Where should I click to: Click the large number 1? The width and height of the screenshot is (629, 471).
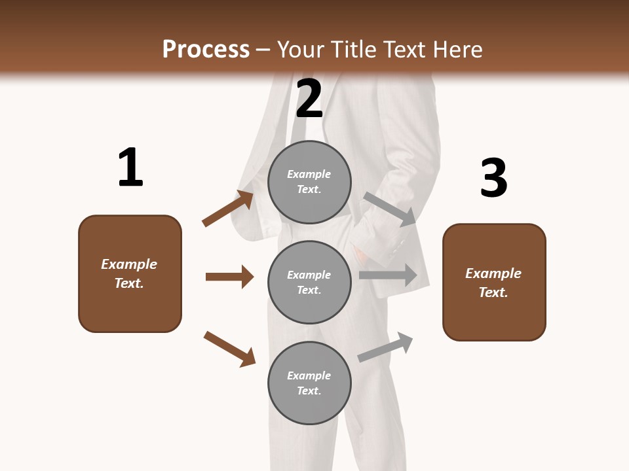pyautogui.click(x=130, y=167)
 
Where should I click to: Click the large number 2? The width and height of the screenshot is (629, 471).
pyautogui.click(x=309, y=98)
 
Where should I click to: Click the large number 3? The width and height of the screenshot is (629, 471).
pyautogui.click(x=493, y=178)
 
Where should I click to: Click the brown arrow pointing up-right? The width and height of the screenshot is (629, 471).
pyautogui.click(x=228, y=208)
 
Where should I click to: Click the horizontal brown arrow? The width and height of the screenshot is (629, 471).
pyautogui.click(x=229, y=277)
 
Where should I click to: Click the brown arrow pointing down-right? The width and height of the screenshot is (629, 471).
pyautogui.click(x=229, y=349)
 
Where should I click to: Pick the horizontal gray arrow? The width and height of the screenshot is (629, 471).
pyautogui.click(x=388, y=275)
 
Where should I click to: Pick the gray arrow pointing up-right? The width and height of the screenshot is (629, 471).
pyautogui.click(x=386, y=347)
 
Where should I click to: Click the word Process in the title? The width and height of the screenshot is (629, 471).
pyautogui.click(x=206, y=49)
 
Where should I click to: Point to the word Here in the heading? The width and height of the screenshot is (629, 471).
pyautogui.click(x=457, y=49)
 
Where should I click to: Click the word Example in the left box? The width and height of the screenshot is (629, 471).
pyautogui.click(x=129, y=264)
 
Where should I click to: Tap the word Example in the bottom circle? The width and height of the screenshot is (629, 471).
pyautogui.click(x=309, y=375)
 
